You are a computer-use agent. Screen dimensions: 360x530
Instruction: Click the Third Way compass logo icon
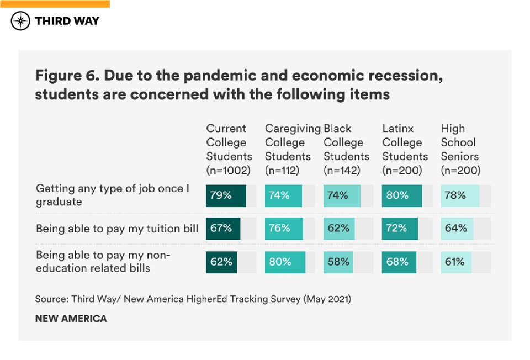coord(21,21)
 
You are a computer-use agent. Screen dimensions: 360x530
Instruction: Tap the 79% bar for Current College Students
coord(226,195)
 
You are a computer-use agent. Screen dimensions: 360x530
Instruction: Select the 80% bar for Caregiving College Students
coord(285,262)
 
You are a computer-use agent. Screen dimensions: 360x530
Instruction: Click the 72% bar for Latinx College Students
coord(400,228)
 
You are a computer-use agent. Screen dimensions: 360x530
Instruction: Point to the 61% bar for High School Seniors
coord(456,262)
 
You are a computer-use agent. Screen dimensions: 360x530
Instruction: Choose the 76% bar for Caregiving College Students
coord(284,228)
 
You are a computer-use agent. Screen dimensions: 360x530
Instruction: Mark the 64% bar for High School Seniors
coord(457,228)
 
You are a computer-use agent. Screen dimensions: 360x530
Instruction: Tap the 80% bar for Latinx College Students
coord(402,195)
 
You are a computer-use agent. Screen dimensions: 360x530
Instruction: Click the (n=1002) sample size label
coord(229,171)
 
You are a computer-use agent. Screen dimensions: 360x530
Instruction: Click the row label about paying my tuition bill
coord(117,228)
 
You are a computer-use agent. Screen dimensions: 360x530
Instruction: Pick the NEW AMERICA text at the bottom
coord(71,319)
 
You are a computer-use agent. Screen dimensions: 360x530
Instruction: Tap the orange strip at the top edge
coord(55,3)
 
